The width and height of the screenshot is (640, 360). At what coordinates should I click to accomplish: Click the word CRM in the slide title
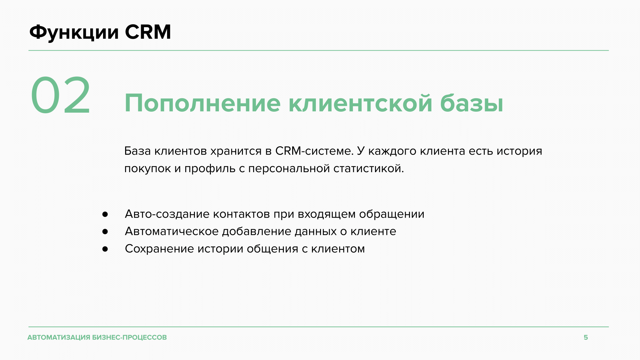tap(148, 32)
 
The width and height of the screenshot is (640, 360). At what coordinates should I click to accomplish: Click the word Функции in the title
tap(74, 33)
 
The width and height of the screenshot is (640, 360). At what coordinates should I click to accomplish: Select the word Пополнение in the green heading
tap(203, 103)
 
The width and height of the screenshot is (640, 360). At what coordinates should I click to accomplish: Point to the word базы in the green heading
tap(472, 103)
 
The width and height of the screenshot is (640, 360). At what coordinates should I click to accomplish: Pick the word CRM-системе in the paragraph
tap(315, 151)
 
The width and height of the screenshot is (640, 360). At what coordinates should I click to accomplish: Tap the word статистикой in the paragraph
tap(369, 168)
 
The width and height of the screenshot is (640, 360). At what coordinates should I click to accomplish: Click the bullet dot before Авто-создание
tap(105, 214)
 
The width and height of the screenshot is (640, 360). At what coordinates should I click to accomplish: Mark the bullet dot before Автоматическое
tap(105, 231)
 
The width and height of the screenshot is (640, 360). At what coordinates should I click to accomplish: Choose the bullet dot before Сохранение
tap(105, 249)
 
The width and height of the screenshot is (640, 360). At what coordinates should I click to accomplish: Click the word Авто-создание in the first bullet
tap(167, 214)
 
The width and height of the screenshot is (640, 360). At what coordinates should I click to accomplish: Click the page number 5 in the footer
tap(586, 337)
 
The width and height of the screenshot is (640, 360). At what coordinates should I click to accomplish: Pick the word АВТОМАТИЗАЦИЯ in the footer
tap(59, 337)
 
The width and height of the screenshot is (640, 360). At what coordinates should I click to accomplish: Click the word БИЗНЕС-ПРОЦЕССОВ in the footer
tap(130, 337)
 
